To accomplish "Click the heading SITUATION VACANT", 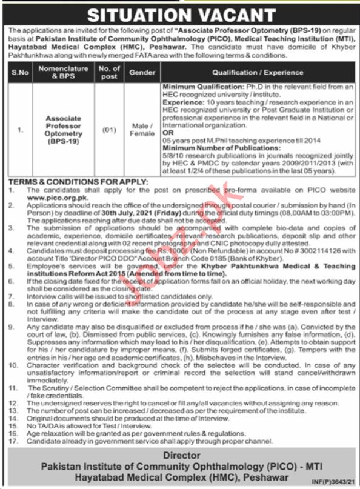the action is pos(179,13).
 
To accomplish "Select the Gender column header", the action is pos(142,72).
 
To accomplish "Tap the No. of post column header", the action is pos(109,72).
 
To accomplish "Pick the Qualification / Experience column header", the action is pos(256,72).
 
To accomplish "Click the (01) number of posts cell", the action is pos(109,129).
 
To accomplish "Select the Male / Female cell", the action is pos(142,129).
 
